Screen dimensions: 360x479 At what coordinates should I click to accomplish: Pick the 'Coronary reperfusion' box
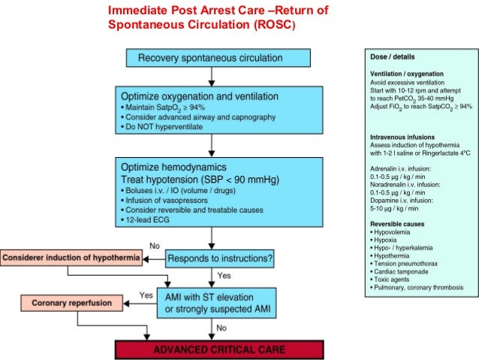pyautogui.click(x=66, y=304)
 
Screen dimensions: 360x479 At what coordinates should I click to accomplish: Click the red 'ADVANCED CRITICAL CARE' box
pyautogui.click(x=218, y=349)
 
